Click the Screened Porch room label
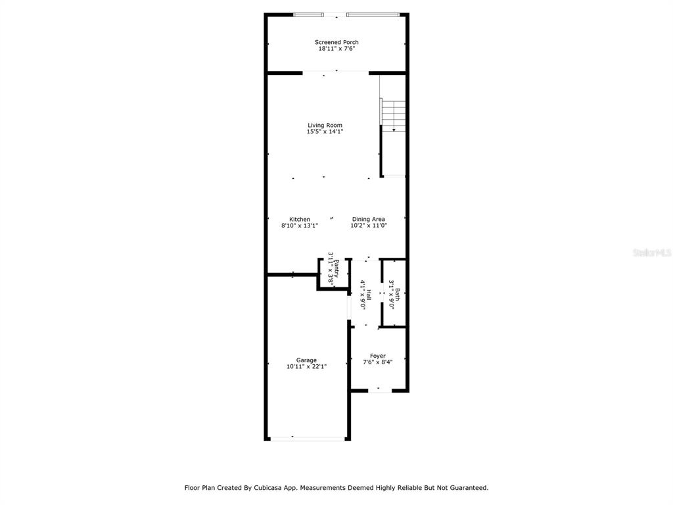[336, 42]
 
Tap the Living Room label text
[325, 126]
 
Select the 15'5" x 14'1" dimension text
[325, 132]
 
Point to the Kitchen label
[300, 220]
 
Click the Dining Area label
[369, 220]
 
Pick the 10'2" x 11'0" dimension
[369, 226]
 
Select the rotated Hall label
[368, 295]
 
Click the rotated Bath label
[398, 295]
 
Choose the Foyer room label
[378, 356]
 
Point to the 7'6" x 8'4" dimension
[378, 362]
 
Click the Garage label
[306, 360]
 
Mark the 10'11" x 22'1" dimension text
[306, 367]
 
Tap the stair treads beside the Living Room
[393, 116]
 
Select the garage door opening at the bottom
[308, 439]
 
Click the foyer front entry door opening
[380, 391]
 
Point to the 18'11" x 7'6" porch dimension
[336, 49]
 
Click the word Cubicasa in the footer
[267, 488]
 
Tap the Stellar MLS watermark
[652, 253]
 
